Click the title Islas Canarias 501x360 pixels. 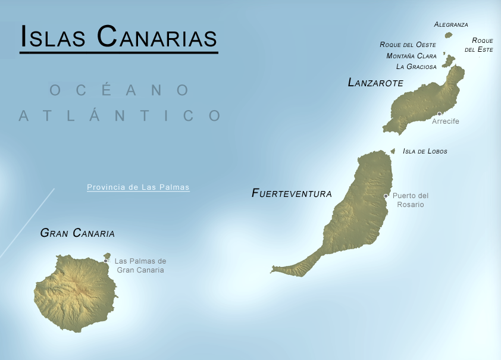click(118, 36)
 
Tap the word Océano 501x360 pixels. click(119, 90)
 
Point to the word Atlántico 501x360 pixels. click(119, 115)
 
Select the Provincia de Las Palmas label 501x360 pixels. click(138, 187)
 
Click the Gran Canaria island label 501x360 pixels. click(77, 233)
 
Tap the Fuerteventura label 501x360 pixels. click(292, 193)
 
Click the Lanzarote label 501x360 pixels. click(375, 83)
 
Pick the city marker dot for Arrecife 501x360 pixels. click(439, 114)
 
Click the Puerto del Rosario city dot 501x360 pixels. click(386, 196)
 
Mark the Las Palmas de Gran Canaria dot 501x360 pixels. click(105, 261)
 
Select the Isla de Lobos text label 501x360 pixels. click(425, 151)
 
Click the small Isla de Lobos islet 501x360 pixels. click(393, 151)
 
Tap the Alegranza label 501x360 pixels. click(451, 25)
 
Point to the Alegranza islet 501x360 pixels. click(449, 35)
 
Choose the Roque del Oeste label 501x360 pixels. click(408, 45)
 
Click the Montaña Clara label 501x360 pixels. click(411, 56)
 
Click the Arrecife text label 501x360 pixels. click(446, 121)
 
